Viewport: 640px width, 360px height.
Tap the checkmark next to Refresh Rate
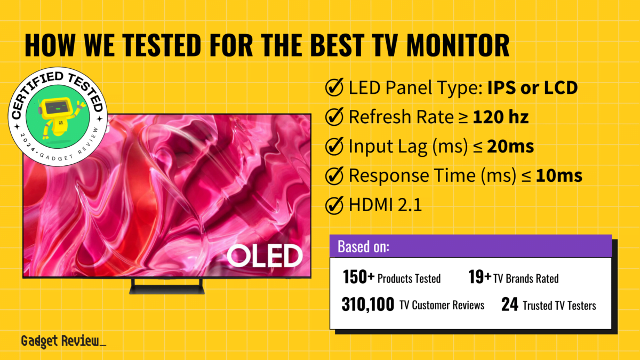tap(334, 117)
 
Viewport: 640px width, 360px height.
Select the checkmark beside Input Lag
tap(334, 146)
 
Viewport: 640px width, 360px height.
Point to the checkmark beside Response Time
tap(334, 175)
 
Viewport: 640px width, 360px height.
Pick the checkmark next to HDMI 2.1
tap(334, 204)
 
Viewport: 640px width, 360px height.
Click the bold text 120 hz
tap(501, 117)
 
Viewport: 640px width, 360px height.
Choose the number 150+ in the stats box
tap(359, 277)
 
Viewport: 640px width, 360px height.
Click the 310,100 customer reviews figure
tap(368, 305)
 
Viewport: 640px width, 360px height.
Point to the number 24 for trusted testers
tap(509, 305)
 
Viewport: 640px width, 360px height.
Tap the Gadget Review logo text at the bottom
tap(62, 342)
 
